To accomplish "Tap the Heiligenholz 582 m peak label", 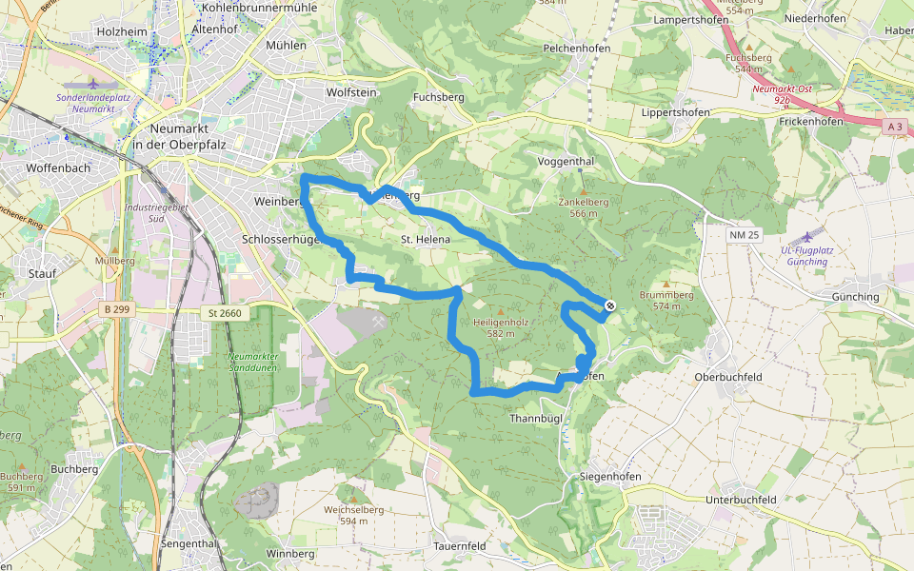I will [x=501, y=328].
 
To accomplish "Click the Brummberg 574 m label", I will [x=666, y=301].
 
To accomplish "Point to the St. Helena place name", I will [x=425, y=240].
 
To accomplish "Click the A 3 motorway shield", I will [x=894, y=127].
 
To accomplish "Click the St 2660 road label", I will [x=225, y=313].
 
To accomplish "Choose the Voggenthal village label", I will [x=566, y=162].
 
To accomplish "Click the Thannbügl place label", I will [x=536, y=419].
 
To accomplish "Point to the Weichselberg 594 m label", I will [x=353, y=515].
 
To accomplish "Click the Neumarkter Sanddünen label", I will [x=252, y=363].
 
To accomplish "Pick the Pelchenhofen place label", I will [x=575, y=47].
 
